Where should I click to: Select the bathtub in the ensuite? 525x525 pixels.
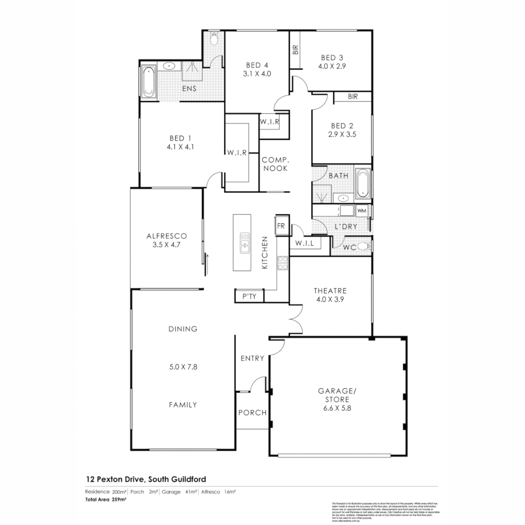149,82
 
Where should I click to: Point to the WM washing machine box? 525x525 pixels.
362,211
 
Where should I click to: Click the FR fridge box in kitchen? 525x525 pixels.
281,226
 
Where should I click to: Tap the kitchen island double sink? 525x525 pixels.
245,242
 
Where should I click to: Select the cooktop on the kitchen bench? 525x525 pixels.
282,263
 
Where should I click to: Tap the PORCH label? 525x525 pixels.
252,413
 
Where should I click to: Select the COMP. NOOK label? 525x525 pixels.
276,164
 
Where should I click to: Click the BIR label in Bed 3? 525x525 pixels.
295,50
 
